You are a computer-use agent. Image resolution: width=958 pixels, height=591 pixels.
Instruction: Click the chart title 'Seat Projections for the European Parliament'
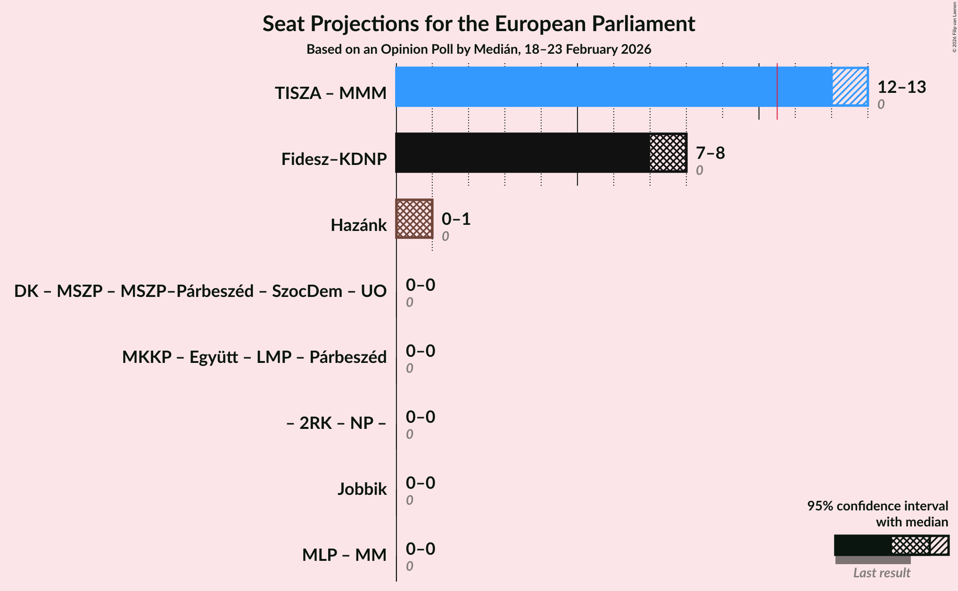click(x=479, y=24)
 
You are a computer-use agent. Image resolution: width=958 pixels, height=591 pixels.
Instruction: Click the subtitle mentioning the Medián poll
click(x=479, y=49)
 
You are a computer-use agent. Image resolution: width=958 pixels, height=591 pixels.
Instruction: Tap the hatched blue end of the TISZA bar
click(x=850, y=87)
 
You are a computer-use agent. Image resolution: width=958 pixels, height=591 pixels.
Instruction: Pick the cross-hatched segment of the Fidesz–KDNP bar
click(x=668, y=153)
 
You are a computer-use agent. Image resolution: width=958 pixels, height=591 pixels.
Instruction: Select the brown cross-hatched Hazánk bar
click(x=414, y=219)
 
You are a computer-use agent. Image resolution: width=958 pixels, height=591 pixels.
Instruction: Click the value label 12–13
click(x=901, y=87)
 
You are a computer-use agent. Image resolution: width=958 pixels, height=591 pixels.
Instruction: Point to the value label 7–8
click(x=710, y=153)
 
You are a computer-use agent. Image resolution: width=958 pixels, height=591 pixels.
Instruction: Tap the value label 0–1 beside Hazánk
click(x=456, y=219)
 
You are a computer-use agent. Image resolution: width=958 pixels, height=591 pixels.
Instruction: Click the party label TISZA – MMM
click(x=330, y=93)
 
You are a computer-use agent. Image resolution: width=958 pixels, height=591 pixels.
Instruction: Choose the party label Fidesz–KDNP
click(x=334, y=159)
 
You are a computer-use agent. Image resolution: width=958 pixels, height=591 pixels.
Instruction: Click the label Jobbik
click(x=362, y=489)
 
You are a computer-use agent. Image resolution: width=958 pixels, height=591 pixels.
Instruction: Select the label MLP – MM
click(x=344, y=555)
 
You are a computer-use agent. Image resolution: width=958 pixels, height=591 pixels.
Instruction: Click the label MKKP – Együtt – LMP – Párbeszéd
click(x=254, y=357)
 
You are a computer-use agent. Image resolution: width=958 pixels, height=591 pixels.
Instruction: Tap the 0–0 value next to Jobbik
click(x=420, y=483)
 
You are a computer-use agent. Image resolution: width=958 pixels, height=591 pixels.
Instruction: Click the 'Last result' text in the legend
click(x=882, y=573)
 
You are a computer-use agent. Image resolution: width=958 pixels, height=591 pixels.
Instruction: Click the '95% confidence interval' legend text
click(x=877, y=506)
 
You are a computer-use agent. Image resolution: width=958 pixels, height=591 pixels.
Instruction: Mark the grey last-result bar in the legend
click(x=873, y=560)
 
